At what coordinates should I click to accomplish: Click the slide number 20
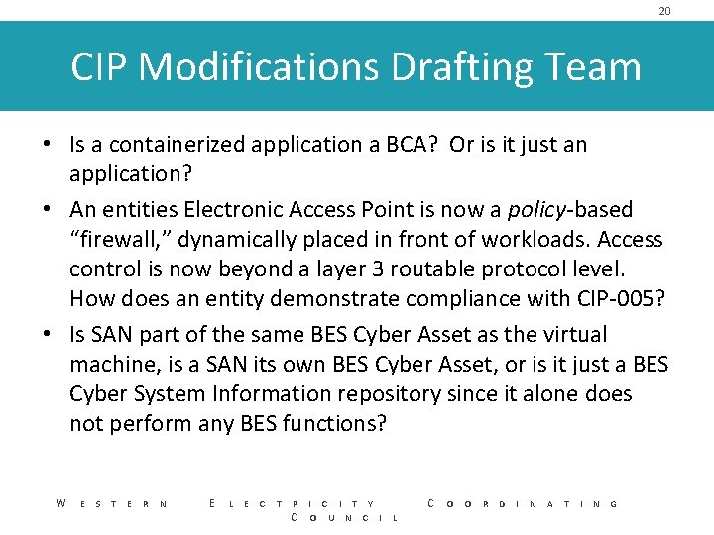(664, 11)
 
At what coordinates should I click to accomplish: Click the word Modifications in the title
(259, 67)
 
